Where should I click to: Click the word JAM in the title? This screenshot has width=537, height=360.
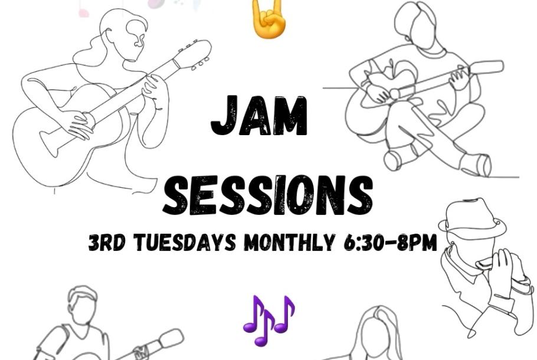click(259, 116)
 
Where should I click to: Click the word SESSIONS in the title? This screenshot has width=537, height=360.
click(268, 195)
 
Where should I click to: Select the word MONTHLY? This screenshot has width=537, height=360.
click(289, 242)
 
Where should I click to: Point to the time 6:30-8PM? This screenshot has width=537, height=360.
click(389, 242)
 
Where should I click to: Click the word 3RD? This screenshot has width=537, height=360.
click(107, 242)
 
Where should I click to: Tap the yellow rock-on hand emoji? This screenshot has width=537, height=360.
click(268, 18)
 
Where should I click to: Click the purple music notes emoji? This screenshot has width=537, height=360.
click(269, 320)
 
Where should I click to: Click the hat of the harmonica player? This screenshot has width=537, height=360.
click(473, 218)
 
